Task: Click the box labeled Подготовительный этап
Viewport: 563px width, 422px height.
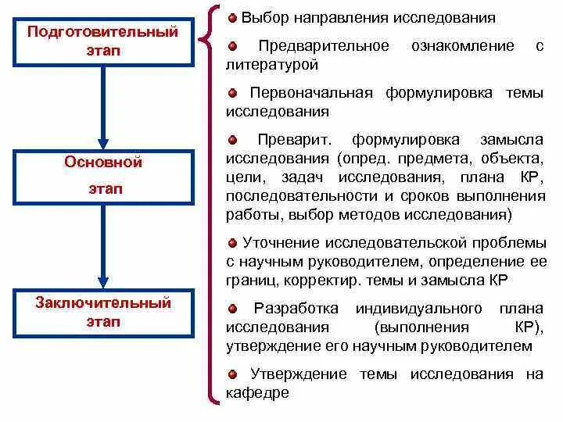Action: point(102,41)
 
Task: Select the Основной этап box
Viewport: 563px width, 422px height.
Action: point(102,176)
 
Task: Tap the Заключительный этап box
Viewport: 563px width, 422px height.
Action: point(102,313)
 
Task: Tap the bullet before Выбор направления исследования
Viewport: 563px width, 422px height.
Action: point(232,17)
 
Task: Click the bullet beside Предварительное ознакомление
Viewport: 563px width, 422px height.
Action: point(232,47)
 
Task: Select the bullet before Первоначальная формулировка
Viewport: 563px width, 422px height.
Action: point(232,93)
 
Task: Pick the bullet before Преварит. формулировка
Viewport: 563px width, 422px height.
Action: point(232,140)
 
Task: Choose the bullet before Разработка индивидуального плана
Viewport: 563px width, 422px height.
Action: point(232,307)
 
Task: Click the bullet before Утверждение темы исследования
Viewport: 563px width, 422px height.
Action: point(232,374)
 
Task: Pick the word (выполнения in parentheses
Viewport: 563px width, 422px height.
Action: point(421,327)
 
